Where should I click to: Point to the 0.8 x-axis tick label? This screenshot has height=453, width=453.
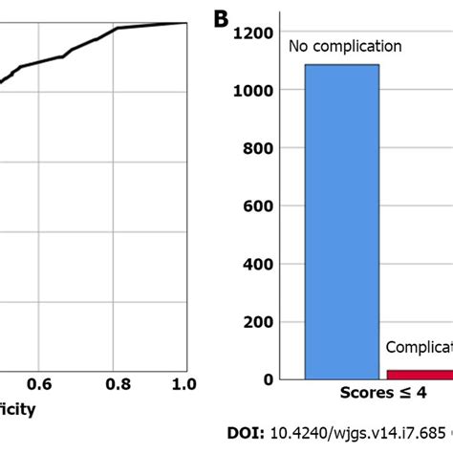pos(116,384)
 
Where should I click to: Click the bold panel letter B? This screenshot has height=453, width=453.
pos(219,20)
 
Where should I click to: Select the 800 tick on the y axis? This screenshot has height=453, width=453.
pos(260,149)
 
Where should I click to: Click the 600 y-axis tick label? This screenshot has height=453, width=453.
pos(260,206)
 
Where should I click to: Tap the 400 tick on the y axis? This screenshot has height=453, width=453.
pos(260,265)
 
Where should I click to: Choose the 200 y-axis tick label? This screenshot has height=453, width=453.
pos(260,322)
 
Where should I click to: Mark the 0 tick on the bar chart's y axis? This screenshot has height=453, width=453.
pos(270,379)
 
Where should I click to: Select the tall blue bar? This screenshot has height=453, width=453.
pos(341,220)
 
